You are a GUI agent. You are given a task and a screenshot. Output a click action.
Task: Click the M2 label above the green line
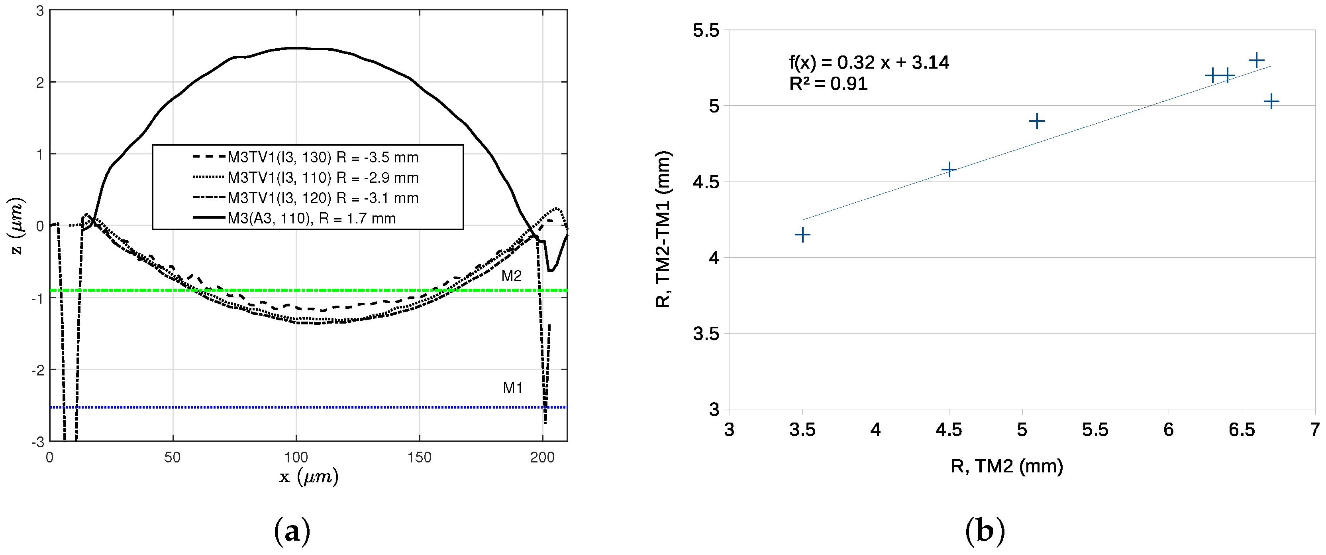pyautogui.click(x=511, y=276)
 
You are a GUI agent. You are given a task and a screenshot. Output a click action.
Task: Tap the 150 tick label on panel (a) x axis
pyautogui.click(x=419, y=457)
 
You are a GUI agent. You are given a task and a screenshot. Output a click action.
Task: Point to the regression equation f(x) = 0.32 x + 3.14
pyautogui.click(x=869, y=62)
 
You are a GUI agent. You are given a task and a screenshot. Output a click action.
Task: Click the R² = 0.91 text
pyautogui.click(x=828, y=83)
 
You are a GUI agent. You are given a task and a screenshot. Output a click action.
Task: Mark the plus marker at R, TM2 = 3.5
pyautogui.click(x=802, y=235)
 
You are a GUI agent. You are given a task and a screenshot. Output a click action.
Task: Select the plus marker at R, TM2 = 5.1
pyautogui.click(x=1036, y=122)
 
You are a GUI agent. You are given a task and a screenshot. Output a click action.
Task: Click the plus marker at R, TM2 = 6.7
pyautogui.click(x=1271, y=101)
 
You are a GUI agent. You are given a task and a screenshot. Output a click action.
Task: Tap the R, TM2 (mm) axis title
pyautogui.click(x=1006, y=466)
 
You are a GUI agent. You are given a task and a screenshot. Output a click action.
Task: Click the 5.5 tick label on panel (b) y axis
pyautogui.click(x=705, y=30)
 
